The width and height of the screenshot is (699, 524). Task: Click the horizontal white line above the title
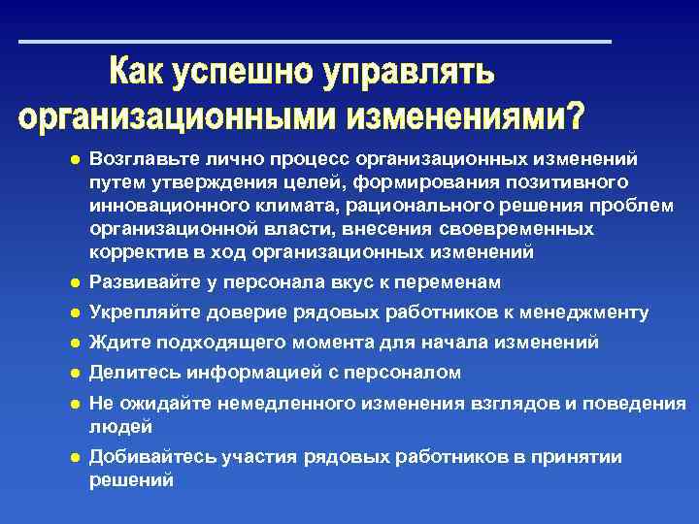tap(316, 42)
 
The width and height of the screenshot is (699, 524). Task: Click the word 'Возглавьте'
tap(138, 157)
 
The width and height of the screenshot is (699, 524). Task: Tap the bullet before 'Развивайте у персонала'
tap(72, 282)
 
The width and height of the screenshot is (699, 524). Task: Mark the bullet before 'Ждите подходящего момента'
tap(72, 343)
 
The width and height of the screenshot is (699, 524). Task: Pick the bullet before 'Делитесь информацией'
tap(72, 373)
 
